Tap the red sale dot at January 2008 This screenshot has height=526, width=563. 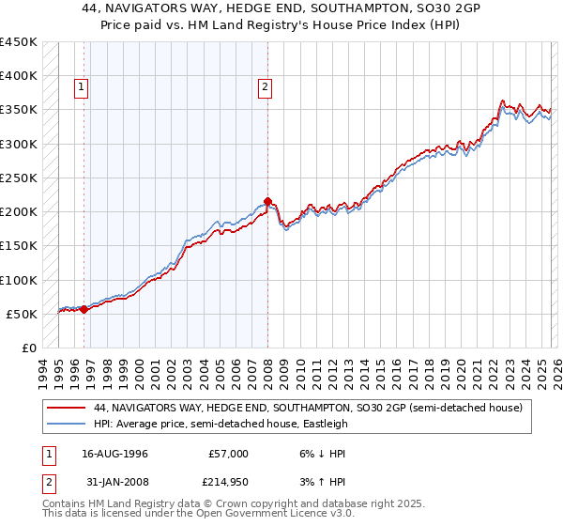267,201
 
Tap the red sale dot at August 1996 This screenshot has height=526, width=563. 84,308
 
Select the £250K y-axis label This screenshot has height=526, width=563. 19,178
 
